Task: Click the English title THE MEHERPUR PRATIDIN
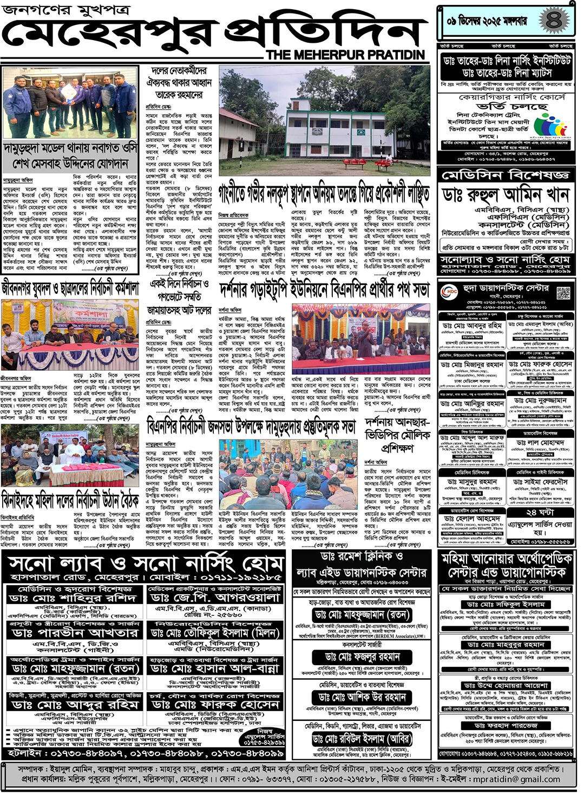(345, 55)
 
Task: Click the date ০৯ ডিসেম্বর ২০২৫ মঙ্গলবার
(487, 22)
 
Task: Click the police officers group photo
(71, 102)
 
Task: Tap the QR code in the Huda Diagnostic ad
(563, 293)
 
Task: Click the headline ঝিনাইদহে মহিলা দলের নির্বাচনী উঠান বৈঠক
(70, 499)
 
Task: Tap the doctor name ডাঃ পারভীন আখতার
(74, 633)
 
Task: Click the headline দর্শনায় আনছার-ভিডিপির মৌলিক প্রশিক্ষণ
(397, 435)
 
